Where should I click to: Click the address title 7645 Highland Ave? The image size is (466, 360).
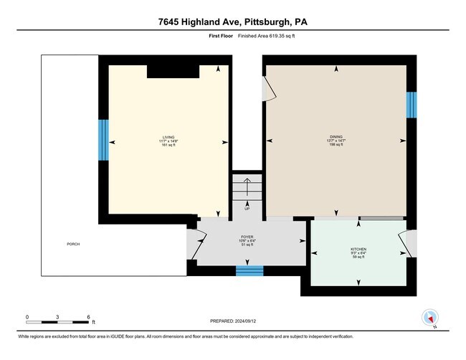click(233, 22)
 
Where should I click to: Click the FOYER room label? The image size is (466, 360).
click(247, 238)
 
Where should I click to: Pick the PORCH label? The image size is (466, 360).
click(73, 245)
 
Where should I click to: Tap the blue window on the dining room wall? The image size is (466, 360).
click(412, 105)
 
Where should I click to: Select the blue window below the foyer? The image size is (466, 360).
click(249, 270)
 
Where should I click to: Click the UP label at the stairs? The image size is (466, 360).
click(247, 209)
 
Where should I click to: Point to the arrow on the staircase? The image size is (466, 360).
click(247, 189)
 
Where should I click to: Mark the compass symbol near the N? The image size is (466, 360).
click(430, 316)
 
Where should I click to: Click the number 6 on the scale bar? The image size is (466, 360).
click(88, 316)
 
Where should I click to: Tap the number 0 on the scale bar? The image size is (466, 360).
click(27, 316)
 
